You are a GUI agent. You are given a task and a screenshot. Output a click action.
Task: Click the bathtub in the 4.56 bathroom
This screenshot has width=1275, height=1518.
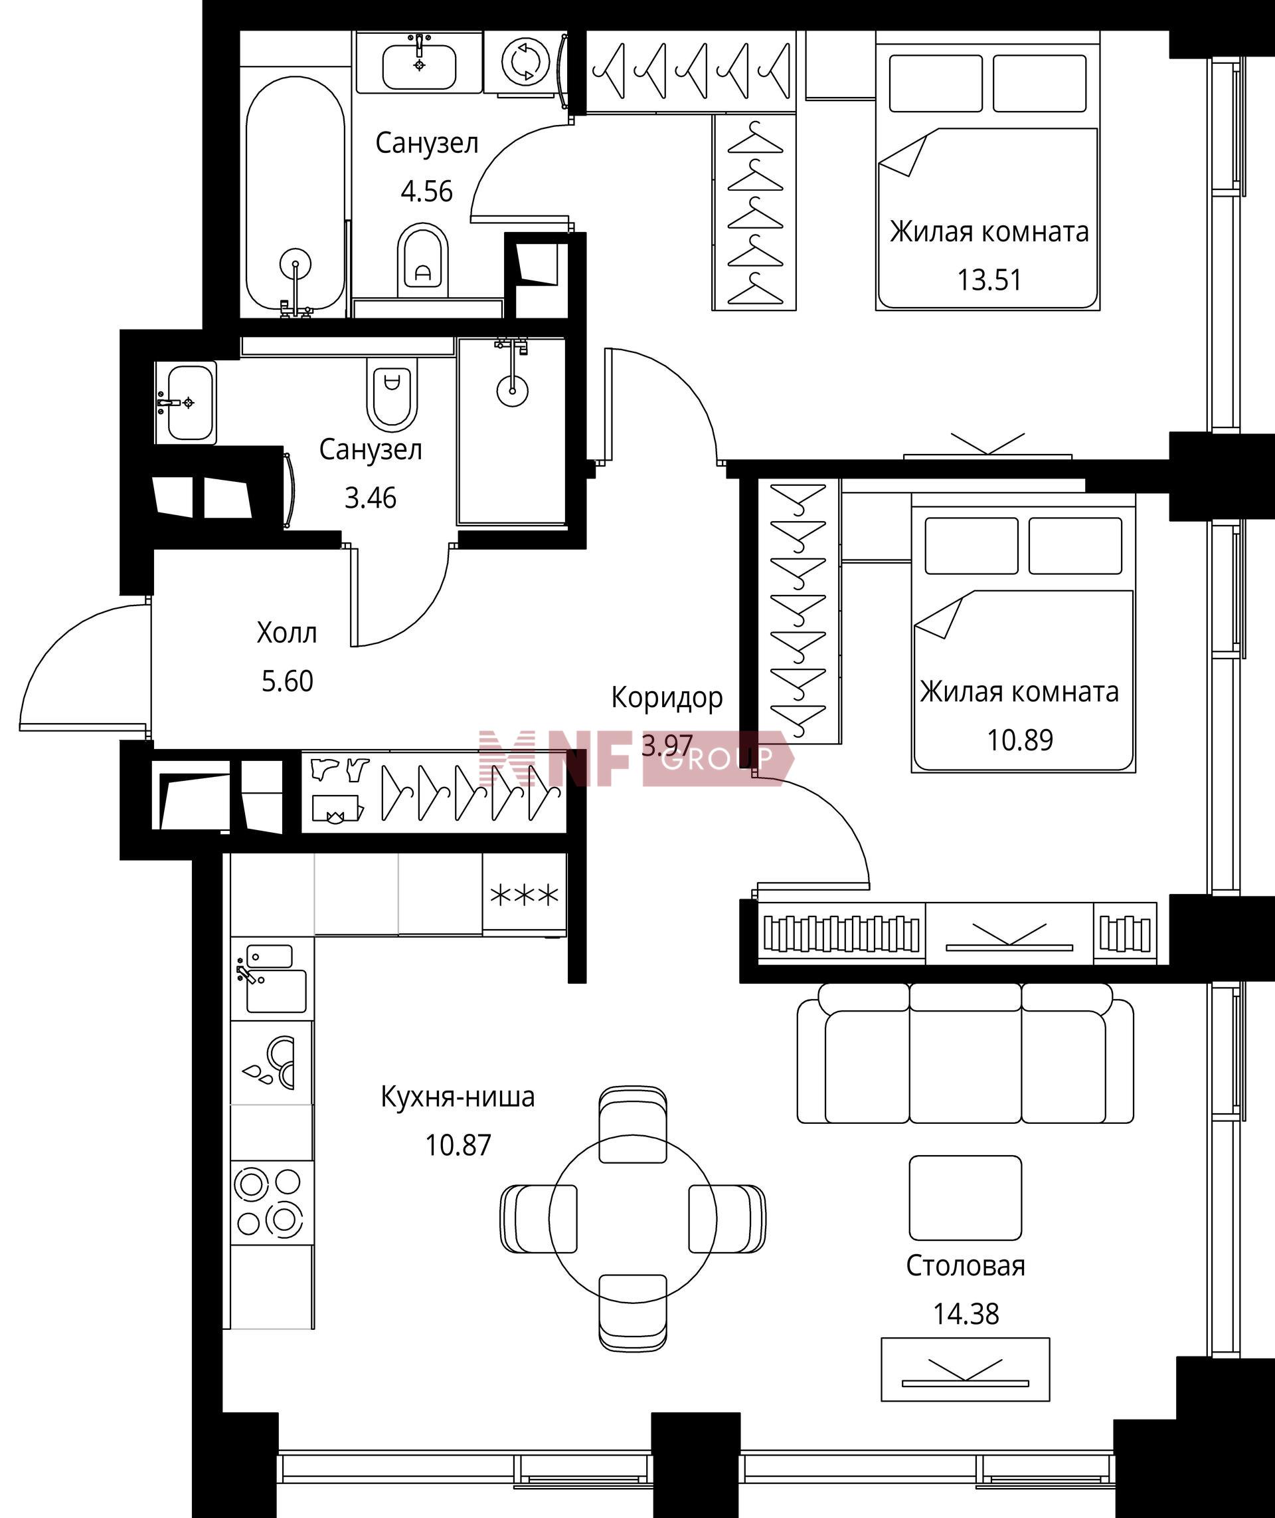pos(295,194)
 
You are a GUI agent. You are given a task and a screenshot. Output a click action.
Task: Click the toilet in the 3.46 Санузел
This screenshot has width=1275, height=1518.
pos(392,393)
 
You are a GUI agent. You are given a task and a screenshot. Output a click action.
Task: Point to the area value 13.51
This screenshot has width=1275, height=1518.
pos(989,280)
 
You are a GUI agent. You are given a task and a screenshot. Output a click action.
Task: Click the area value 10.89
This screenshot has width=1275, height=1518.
pos(1020,740)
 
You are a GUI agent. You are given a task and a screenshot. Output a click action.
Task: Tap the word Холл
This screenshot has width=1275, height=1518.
pos(287,633)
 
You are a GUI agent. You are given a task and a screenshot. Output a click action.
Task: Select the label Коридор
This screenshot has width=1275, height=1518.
pos(667,698)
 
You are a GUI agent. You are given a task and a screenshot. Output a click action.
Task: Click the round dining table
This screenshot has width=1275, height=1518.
pos(632,1219)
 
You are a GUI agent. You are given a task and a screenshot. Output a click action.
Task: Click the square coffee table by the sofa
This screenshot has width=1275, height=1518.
pos(965,1197)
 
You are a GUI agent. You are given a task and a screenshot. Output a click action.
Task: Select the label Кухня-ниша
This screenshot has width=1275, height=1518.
pos(458,1097)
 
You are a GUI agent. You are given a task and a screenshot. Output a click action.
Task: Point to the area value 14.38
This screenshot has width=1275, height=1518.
pos(966,1314)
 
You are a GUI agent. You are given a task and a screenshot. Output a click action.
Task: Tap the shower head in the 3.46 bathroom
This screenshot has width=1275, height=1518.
pos(513,391)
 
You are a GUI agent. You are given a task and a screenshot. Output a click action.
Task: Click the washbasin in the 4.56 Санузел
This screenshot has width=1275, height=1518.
pos(419,66)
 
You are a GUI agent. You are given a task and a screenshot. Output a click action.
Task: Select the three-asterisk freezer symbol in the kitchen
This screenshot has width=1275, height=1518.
pos(525,896)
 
